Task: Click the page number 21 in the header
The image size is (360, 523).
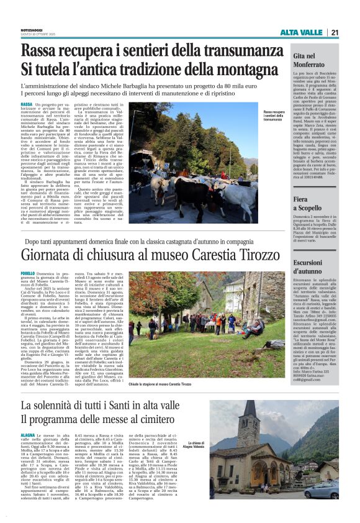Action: pyautogui.click(x=335, y=32)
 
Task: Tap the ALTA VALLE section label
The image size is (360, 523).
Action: pyautogui.click(x=301, y=32)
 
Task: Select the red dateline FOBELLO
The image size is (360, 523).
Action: pyautogui.click(x=28, y=273)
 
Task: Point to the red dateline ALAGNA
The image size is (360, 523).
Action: pyautogui.click(x=28, y=437)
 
